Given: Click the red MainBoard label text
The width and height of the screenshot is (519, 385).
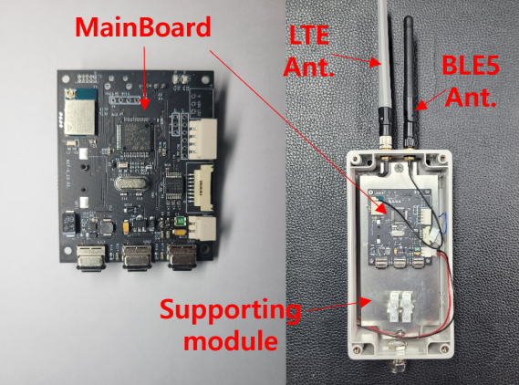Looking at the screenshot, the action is [x=143, y=27].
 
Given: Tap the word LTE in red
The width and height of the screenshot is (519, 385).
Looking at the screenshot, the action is [x=309, y=35].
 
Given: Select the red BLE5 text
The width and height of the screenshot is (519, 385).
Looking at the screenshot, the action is [x=471, y=65].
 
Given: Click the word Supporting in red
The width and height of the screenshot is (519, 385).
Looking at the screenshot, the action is [x=230, y=310].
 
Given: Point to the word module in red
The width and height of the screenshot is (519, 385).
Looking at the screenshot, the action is [x=231, y=340].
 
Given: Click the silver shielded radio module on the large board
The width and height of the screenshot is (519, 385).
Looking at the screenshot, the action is [x=79, y=116].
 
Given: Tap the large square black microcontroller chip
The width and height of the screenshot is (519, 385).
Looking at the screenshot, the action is [x=136, y=136].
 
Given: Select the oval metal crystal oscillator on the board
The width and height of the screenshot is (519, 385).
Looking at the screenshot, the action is [x=131, y=183].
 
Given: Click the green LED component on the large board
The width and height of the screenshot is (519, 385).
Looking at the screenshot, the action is [x=181, y=221].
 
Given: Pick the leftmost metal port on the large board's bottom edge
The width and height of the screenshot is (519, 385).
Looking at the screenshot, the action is [x=90, y=257].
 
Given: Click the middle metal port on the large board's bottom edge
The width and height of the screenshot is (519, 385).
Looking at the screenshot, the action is [x=137, y=257].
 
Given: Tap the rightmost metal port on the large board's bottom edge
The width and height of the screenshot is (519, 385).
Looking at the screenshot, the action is [x=182, y=257].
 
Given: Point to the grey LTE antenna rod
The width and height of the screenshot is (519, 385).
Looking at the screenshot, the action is [x=385, y=73].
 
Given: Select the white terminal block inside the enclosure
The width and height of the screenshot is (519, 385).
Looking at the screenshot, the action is [x=400, y=307].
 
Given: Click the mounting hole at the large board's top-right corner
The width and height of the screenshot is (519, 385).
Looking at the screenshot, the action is [x=205, y=79].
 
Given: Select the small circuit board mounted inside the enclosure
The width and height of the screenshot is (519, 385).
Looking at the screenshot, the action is [x=400, y=228].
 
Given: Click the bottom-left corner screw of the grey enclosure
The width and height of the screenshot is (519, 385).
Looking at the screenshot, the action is [x=356, y=349].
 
